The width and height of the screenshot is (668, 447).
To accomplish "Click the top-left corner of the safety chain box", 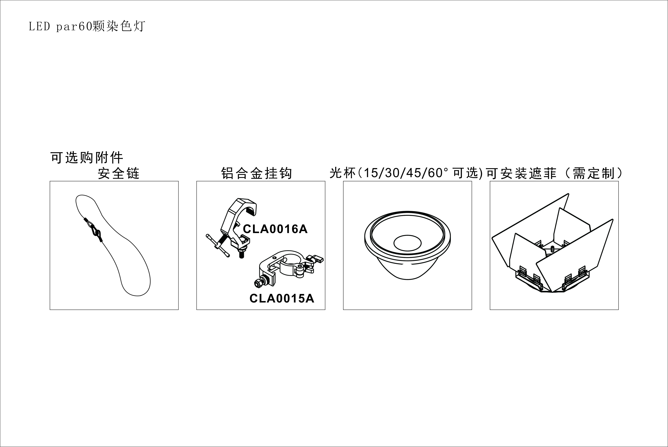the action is coord(50,181).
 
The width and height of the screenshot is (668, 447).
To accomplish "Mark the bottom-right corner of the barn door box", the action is coord(618,310).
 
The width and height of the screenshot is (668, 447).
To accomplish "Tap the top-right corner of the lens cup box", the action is coord(472,181).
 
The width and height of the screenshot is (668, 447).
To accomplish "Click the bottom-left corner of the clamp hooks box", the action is coord(197,310).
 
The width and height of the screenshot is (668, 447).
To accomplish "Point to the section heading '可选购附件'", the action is coord(87,157).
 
